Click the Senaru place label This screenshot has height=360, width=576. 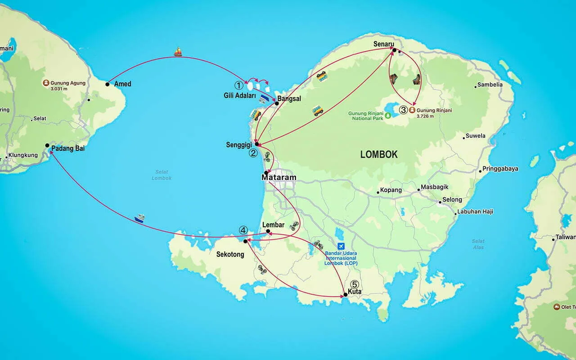tap(384, 44)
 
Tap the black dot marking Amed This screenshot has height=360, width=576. tap(108, 84)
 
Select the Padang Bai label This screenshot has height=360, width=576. tap(68, 148)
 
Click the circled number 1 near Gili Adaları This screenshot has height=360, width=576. tap(239, 85)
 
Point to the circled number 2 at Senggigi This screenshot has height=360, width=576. tap(253, 153)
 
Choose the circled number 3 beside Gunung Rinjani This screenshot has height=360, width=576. tap(403, 110)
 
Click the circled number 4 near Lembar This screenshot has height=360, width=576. tap(243, 230)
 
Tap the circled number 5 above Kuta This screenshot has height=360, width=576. tap(355, 284)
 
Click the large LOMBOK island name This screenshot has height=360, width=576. tap(379, 154)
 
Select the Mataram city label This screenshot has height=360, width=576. tap(279, 177)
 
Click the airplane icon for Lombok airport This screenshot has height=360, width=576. tap(341, 246)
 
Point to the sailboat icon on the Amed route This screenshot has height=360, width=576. tap(178, 52)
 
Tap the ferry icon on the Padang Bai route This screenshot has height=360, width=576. tap(139, 219)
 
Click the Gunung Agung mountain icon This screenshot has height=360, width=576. tap(46, 83)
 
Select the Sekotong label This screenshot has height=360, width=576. tap(230, 254)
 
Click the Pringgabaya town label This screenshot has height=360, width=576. tap(500, 169)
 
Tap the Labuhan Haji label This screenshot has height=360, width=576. tap(475, 211)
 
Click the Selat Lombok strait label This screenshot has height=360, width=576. tap(162, 175)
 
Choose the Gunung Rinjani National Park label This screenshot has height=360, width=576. tap(366, 116)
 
